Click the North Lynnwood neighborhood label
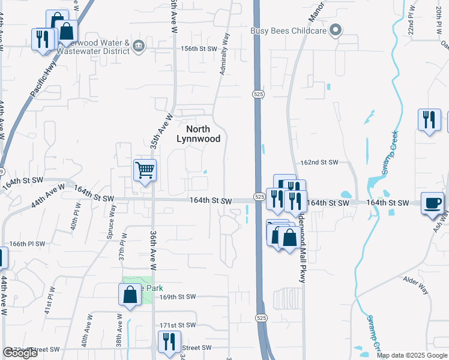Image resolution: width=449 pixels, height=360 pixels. point(198,134)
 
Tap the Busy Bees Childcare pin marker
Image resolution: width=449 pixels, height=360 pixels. point(336,29)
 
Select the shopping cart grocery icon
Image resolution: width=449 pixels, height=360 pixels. point(145,170)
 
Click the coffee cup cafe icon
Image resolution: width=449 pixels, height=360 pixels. point(432,202)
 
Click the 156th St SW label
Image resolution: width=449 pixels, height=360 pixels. point(194,49)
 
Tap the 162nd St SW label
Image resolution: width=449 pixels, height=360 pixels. point(319,163)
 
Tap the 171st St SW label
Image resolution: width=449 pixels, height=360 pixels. point(178,325)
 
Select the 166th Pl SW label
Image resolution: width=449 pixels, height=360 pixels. point(28,244)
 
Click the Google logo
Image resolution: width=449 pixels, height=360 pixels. point(19,353)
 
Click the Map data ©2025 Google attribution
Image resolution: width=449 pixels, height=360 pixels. point(412,355)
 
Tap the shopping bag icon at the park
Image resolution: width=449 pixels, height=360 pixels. point(130,295)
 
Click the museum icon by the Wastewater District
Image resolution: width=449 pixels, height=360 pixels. point(138,46)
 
